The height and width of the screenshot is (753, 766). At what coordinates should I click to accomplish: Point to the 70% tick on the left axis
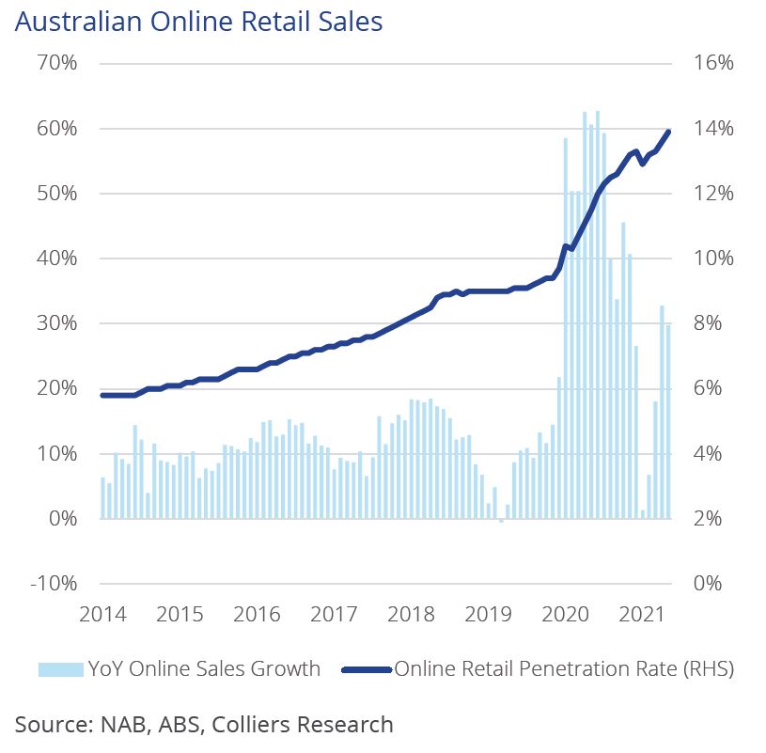click(x=57, y=63)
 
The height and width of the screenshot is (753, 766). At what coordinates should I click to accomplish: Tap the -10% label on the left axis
click(x=55, y=584)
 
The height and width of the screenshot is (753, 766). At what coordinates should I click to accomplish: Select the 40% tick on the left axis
click(x=57, y=259)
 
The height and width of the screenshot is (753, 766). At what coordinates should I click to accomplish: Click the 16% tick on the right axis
click(x=712, y=63)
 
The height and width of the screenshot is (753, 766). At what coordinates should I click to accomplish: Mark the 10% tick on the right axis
click(x=712, y=259)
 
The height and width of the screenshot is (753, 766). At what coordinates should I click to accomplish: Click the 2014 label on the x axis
click(x=102, y=616)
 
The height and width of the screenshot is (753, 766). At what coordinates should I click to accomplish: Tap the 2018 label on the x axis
click(x=411, y=616)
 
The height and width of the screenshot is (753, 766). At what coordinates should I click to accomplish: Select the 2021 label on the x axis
click(x=642, y=616)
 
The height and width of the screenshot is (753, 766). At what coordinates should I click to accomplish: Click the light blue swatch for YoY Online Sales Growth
click(x=60, y=669)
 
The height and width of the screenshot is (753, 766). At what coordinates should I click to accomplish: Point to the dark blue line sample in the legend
click(x=366, y=669)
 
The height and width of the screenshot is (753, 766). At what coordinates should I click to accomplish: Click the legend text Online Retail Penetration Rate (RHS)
click(x=564, y=669)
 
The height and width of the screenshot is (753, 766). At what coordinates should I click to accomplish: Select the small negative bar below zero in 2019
click(x=501, y=520)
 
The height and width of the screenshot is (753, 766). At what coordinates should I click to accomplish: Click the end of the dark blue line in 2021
click(x=668, y=132)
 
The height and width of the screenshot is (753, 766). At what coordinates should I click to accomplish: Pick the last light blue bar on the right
click(x=668, y=421)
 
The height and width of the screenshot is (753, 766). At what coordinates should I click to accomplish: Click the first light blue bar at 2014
click(x=102, y=497)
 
